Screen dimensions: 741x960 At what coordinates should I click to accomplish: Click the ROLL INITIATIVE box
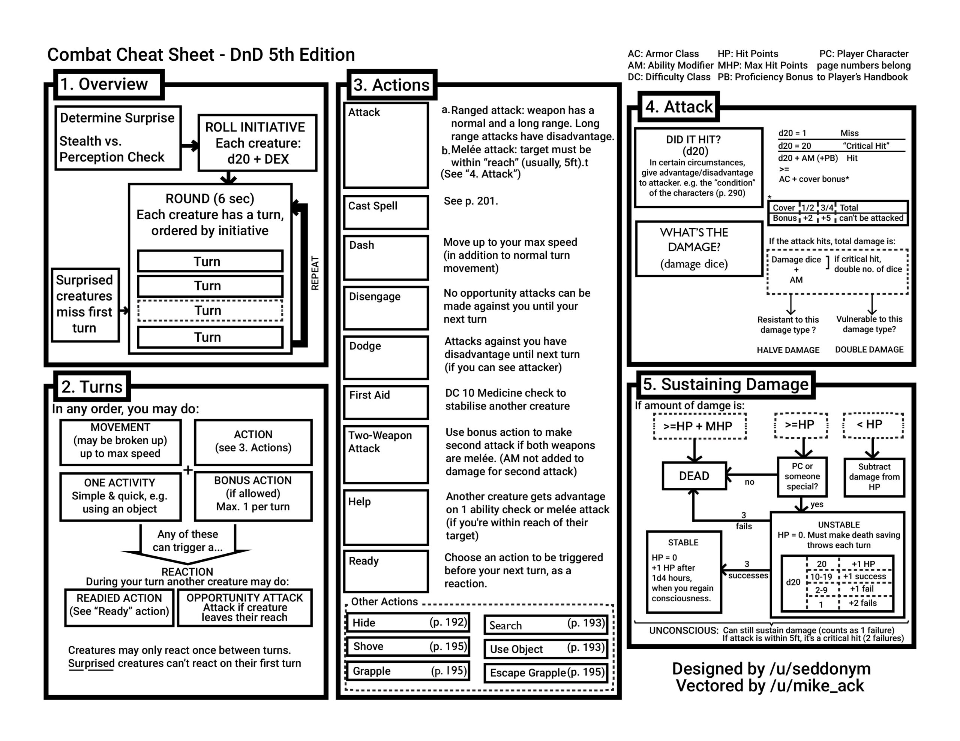tap(257, 143)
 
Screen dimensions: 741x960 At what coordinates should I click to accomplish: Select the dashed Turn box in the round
tap(210, 311)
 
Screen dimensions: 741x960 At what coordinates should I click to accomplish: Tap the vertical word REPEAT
tap(315, 273)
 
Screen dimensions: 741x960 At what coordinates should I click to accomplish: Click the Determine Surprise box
tap(118, 137)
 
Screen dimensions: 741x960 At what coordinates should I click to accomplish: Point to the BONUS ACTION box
tap(253, 496)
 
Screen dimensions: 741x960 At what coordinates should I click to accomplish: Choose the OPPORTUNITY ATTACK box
tap(244, 608)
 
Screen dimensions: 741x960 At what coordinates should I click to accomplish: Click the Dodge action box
tap(385, 357)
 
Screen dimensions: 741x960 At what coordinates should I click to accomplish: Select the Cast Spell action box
tap(385, 212)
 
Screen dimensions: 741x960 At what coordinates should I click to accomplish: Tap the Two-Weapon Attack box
tap(385, 454)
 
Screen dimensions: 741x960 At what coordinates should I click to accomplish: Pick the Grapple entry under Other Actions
tap(408, 671)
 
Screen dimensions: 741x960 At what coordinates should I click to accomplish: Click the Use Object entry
tap(546, 649)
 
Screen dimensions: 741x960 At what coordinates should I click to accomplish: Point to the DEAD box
tap(694, 476)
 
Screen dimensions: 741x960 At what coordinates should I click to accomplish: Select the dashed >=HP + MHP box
tap(699, 426)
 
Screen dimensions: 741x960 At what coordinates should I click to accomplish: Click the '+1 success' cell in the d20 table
tap(864, 576)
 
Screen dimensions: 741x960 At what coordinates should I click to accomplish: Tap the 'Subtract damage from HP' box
tap(874, 477)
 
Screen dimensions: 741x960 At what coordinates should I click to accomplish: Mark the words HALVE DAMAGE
tap(788, 350)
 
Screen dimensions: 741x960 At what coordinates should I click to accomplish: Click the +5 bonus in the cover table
tap(826, 218)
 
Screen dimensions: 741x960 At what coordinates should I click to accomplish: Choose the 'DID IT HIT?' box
tap(698, 167)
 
